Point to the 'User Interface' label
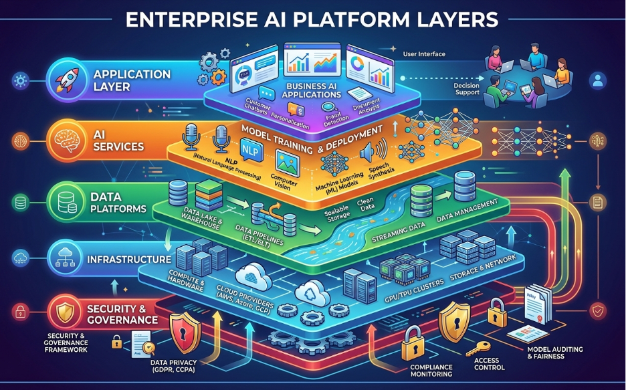coord(425,53)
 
